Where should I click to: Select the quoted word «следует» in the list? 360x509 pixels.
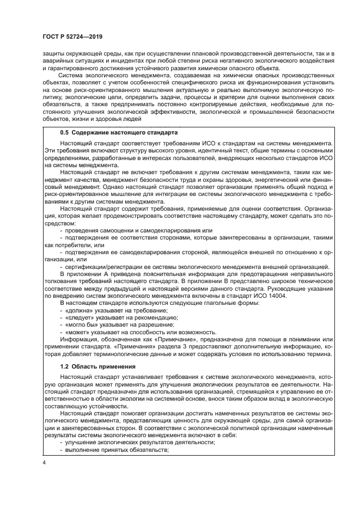[80, 317]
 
